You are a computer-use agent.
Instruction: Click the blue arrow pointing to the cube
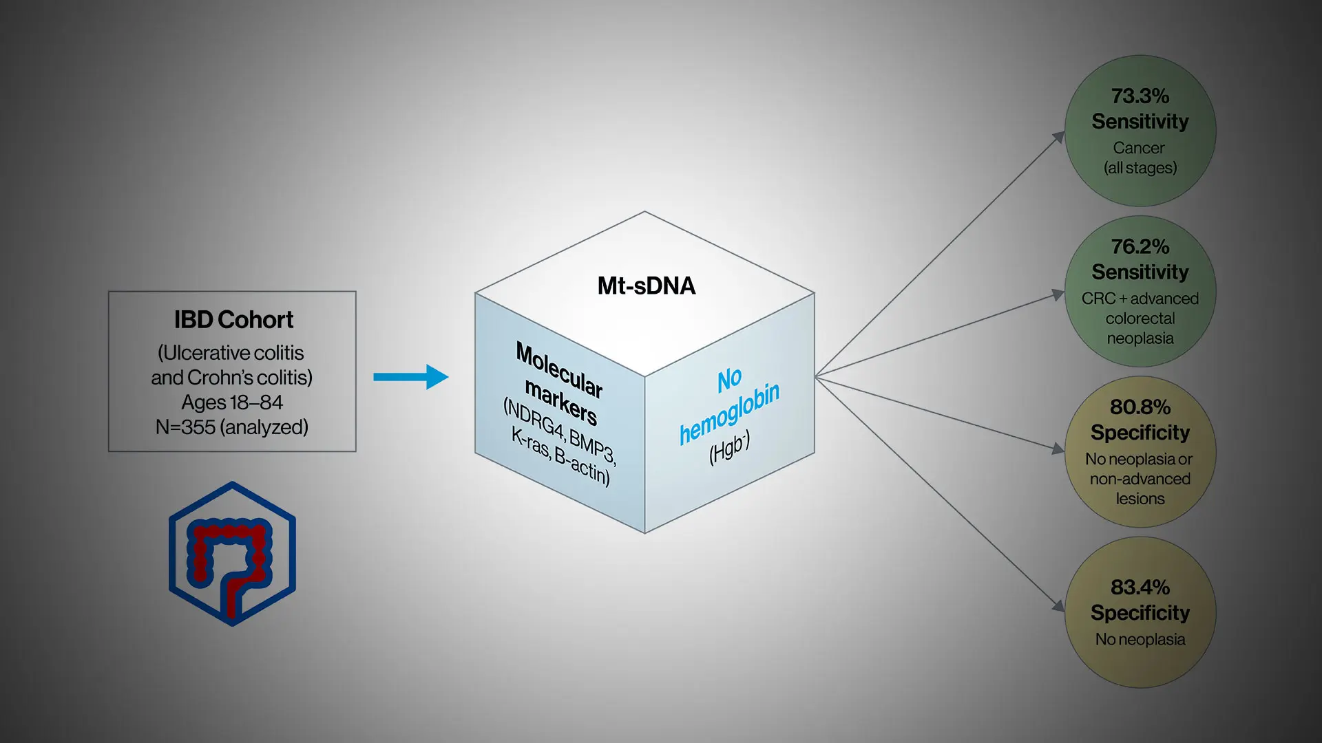click(x=411, y=377)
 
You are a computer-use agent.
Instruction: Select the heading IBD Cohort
click(x=233, y=320)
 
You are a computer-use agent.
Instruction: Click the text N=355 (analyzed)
click(x=232, y=427)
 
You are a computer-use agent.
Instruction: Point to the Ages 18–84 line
click(x=232, y=402)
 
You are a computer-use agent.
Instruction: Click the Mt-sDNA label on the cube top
click(x=647, y=286)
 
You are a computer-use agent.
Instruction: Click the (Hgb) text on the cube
click(x=730, y=448)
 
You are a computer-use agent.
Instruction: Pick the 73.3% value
click(x=1140, y=96)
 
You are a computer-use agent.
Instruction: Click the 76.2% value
click(x=1140, y=246)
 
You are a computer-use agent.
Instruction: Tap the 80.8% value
click(x=1140, y=407)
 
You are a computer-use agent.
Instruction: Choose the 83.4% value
click(x=1140, y=587)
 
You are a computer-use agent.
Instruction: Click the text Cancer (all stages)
click(x=1140, y=158)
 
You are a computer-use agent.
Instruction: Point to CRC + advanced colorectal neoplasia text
click(x=1140, y=319)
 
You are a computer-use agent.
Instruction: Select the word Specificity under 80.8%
click(x=1140, y=433)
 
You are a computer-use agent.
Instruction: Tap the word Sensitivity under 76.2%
click(x=1140, y=272)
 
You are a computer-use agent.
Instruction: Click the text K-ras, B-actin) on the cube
click(x=560, y=456)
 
